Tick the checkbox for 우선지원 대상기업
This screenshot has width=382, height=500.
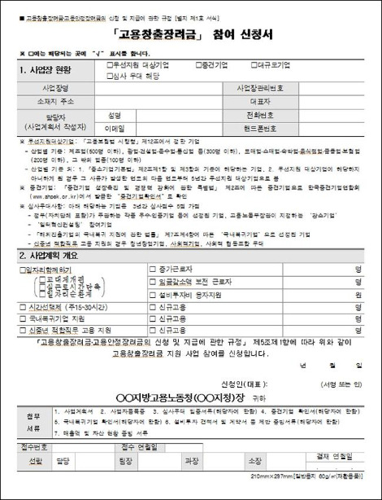[109, 64]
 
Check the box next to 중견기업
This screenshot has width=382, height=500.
[197, 64]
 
